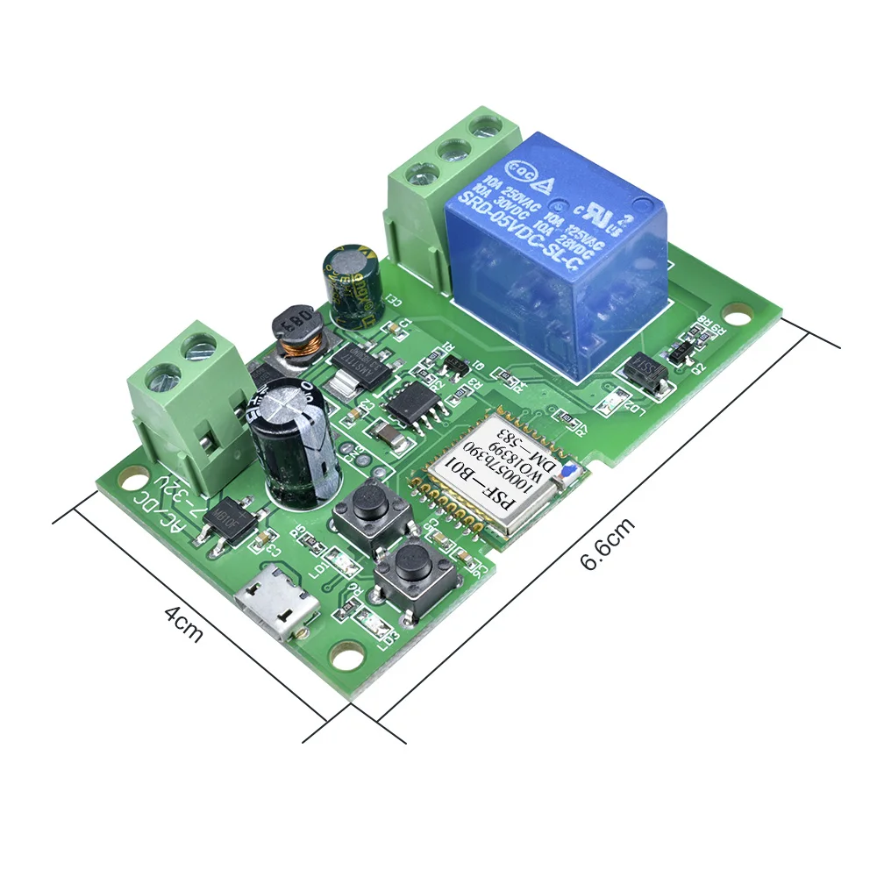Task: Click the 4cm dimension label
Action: click(183, 623)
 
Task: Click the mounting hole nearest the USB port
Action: click(345, 652)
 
